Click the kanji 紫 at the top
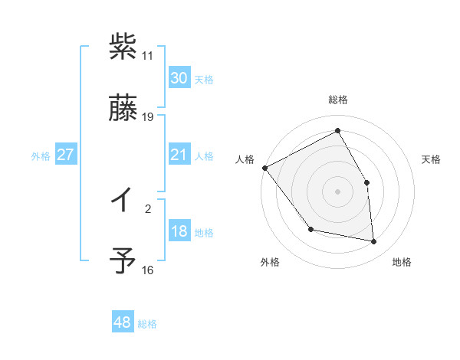click(x=123, y=47)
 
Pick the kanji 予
click(x=123, y=260)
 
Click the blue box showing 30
click(x=179, y=78)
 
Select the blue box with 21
click(x=179, y=155)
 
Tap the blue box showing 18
click(x=179, y=232)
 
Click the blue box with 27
click(x=66, y=155)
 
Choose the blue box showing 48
click(x=123, y=323)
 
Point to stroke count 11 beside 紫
click(x=148, y=56)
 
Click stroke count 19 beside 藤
click(x=148, y=117)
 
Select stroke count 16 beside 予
click(x=148, y=270)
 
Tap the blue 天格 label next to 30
click(x=204, y=80)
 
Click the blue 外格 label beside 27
click(x=41, y=156)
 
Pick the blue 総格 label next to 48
click(x=147, y=324)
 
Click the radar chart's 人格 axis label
click(x=245, y=159)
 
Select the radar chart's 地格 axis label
click(x=402, y=262)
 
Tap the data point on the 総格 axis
click(x=337, y=131)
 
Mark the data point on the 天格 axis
click(x=366, y=182)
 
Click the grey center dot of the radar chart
click(x=337, y=191)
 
